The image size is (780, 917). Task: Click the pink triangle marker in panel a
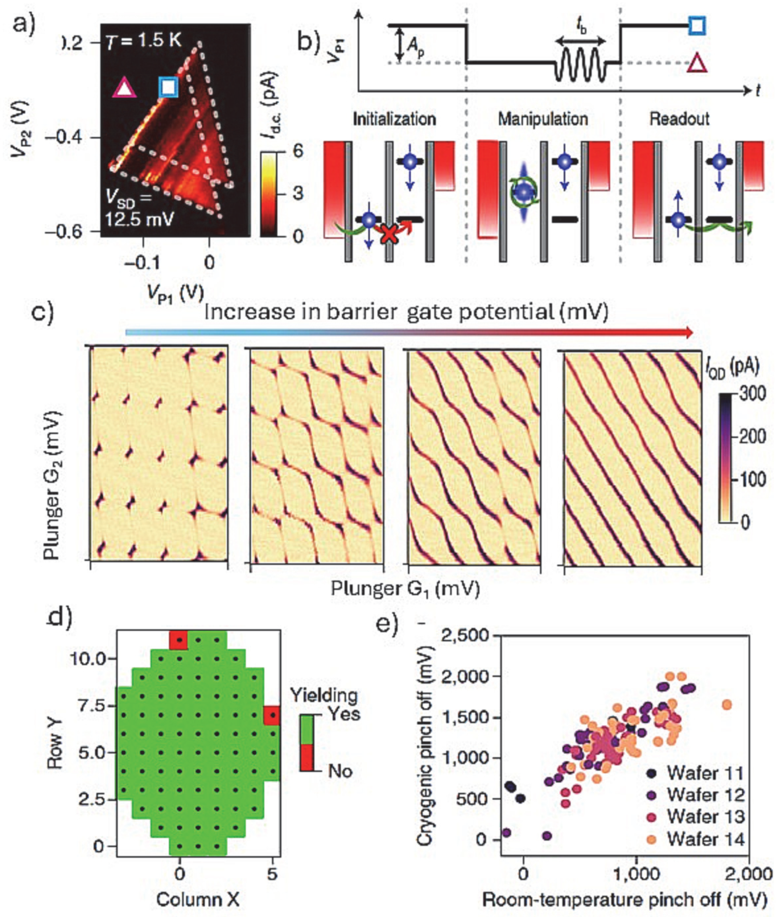click(124, 88)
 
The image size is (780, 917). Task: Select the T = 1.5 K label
click(143, 41)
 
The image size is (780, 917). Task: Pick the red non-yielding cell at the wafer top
click(179, 640)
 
